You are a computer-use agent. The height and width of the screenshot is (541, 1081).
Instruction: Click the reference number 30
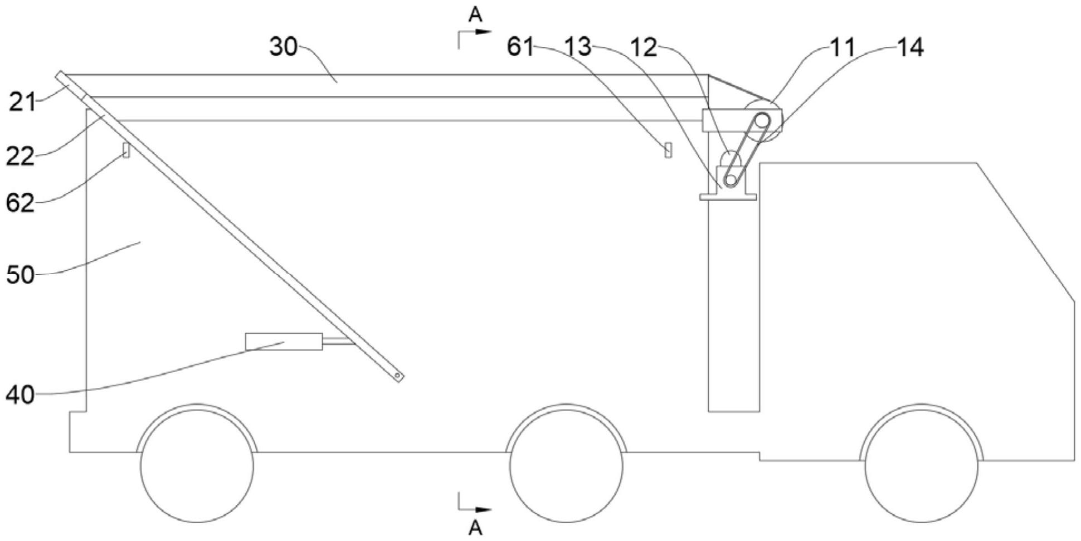(283, 47)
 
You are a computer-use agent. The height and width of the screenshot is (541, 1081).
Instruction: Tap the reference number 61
(520, 47)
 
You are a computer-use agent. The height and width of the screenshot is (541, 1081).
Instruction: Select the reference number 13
(577, 47)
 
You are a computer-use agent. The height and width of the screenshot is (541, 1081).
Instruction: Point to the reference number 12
(644, 47)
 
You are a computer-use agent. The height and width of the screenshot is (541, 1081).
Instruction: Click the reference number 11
(843, 47)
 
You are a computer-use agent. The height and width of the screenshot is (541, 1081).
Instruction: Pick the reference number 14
(910, 47)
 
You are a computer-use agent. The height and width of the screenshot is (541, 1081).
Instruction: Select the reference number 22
(20, 157)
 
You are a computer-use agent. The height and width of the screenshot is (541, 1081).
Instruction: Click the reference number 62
(20, 203)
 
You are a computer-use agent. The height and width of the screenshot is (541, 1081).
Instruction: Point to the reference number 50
(20, 275)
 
